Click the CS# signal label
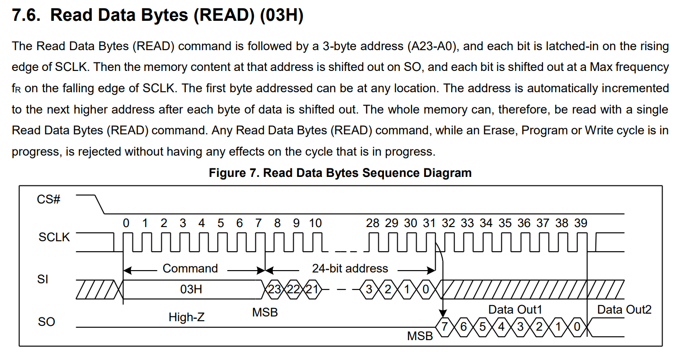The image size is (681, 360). (x=49, y=199)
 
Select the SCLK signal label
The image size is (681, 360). (x=54, y=237)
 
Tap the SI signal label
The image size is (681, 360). (x=43, y=280)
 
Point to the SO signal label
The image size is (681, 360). (x=46, y=322)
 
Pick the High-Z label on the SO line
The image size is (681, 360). (x=187, y=317)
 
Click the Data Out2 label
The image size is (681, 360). (x=624, y=310)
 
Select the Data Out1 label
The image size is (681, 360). (x=515, y=310)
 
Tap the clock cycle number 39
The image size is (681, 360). (x=581, y=223)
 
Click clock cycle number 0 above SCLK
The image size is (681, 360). (x=126, y=223)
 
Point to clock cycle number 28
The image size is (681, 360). (x=373, y=223)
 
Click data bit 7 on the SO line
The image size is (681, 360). (x=444, y=326)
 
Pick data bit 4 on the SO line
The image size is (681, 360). (x=501, y=326)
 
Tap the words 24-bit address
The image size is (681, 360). (x=350, y=269)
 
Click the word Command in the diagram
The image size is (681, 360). (x=190, y=269)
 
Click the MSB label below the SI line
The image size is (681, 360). (x=265, y=312)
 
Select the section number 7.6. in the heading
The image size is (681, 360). (x=27, y=16)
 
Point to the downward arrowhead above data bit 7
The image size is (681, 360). (x=443, y=314)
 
